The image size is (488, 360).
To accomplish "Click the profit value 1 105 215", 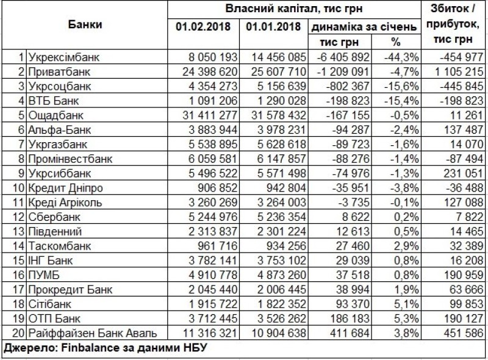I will coord(457,71).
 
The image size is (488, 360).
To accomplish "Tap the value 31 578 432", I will coord(278,115).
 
